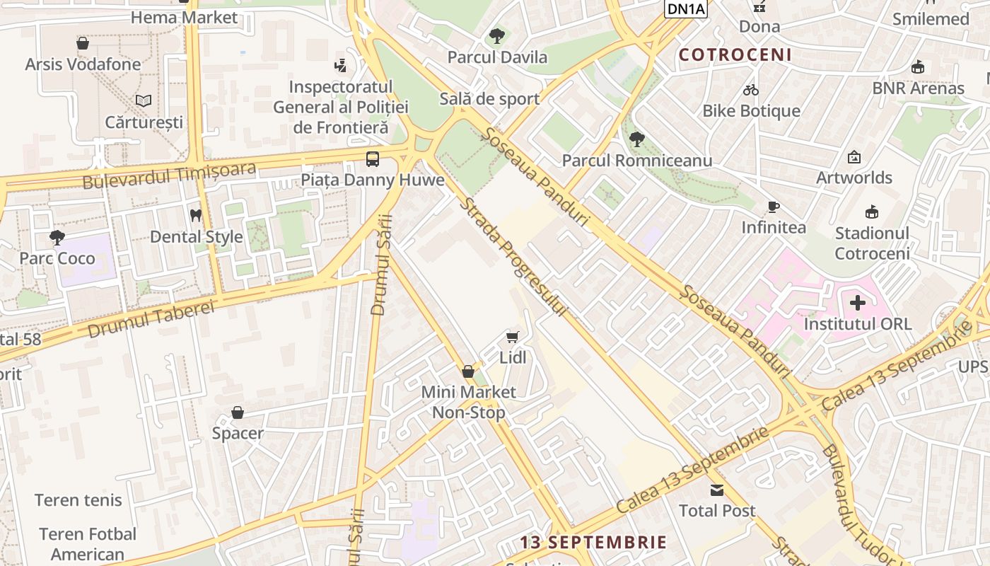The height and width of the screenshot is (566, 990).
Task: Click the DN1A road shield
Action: pos(686,8)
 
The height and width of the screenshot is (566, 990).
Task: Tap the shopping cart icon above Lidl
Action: pos(513,337)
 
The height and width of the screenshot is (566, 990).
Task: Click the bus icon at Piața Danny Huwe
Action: pos(373,158)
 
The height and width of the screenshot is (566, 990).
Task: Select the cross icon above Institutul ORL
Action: pos(858,304)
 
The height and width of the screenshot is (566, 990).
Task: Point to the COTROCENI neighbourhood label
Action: pos(735,55)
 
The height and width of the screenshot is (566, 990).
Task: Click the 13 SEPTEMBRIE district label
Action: pos(593,543)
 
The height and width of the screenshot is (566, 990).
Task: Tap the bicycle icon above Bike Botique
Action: pos(751,90)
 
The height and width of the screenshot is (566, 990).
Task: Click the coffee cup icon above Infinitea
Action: pos(774,207)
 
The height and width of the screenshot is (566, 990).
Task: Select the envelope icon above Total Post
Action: pos(717,490)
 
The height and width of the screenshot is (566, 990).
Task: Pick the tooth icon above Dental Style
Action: pos(196,215)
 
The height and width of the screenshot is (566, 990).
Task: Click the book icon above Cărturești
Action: pos(144,101)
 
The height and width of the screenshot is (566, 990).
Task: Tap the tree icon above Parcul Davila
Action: pos(497,35)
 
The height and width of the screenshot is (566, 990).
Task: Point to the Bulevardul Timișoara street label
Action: pos(169,175)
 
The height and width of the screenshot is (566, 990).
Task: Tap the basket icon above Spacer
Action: pos(238,412)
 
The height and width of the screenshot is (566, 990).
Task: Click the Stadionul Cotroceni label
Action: pos(872,243)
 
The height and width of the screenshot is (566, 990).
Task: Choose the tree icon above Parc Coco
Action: pos(57,238)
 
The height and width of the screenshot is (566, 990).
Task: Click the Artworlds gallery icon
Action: pos(854,157)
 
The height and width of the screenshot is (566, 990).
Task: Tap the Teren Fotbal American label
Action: pos(88,543)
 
